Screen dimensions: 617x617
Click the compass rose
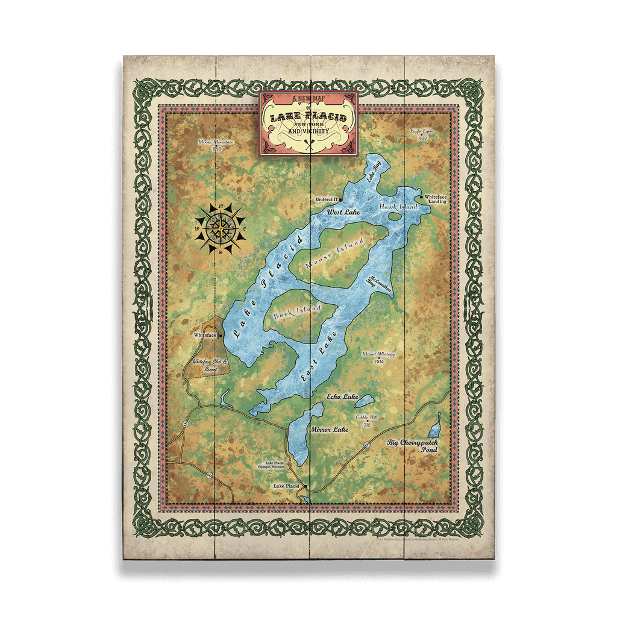click(220, 228)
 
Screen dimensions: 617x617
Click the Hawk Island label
click(398, 207)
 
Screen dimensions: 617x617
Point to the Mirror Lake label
click(330, 430)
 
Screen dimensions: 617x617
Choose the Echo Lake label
click(342, 396)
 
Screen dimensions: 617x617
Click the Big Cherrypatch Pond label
click(413, 446)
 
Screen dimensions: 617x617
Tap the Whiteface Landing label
click(435, 199)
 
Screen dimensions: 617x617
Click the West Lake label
click(343, 212)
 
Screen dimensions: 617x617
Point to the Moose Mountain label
click(216, 145)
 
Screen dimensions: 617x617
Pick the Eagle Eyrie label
click(422, 134)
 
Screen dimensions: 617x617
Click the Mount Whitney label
click(378, 357)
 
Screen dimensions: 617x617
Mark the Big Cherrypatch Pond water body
click(434, 428)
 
